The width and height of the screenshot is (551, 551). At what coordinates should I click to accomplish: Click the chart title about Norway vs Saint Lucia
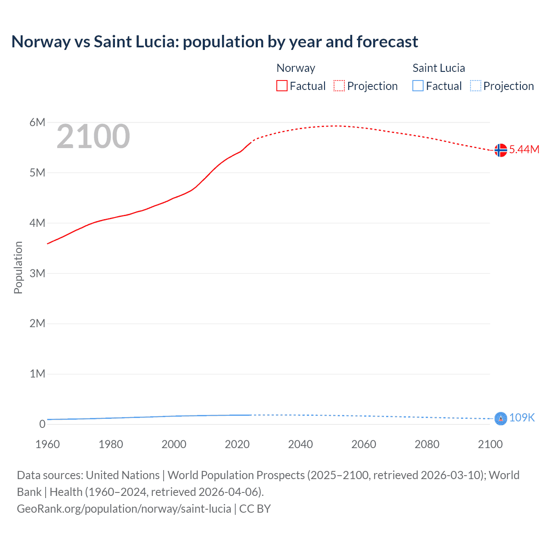[x=214, y=42]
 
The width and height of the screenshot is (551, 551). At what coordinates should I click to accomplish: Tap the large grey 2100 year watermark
[x=93, y=136]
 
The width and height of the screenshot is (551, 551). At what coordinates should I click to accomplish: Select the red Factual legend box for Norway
[x=282, y=86]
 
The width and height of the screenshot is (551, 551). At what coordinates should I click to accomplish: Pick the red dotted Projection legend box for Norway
[x=339, y=86]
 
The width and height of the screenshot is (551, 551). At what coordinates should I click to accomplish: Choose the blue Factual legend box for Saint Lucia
[x=418, y=86]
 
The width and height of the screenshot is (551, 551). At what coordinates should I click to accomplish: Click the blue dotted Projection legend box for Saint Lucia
[x=475, y=86]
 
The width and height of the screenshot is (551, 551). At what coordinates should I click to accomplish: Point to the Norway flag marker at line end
[x=500, y=150]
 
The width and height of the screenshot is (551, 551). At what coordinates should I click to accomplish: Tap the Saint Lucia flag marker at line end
[x=500, y=418]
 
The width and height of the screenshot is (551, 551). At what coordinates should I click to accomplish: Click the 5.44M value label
[x=524, y=150]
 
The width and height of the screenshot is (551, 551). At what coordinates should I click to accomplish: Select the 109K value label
[x=522, y=418]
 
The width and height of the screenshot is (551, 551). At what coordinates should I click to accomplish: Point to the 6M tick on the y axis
[x=37, y=123]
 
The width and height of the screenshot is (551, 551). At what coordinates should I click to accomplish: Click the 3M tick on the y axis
[x=37, y=273]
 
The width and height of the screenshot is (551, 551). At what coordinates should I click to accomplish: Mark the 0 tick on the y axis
[x=42, y=424]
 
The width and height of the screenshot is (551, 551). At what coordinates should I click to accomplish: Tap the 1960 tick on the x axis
[x=47, y=444]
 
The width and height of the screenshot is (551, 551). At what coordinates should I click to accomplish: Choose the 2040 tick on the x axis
[x=300, y=444]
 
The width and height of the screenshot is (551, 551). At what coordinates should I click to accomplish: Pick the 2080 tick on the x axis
[x=427, y=444]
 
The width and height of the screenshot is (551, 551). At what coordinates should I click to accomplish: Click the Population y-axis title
[x=18, y=267]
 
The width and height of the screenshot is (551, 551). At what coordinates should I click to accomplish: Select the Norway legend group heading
[x=296, y=68]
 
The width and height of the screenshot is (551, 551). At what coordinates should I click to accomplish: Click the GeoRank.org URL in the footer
[x=124, y=509]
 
